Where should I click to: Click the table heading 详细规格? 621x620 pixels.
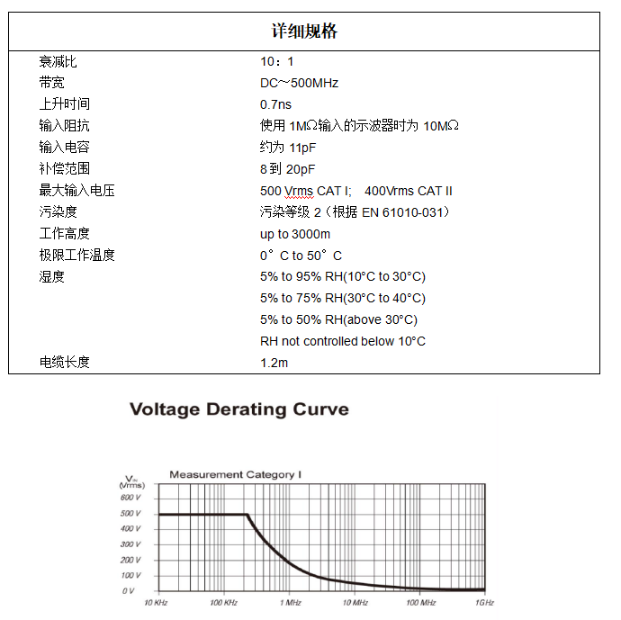(x=304, y=31)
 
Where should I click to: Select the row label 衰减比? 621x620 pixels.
(x=58, y=62)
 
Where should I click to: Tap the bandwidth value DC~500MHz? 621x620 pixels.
(x=299, y=83)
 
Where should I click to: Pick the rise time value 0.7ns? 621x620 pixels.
(x=275, y=104)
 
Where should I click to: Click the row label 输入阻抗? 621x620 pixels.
(x=64, y=126)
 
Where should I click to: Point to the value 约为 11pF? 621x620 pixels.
(x=288, y=148)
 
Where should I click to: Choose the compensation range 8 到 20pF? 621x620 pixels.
(x=288, y=169)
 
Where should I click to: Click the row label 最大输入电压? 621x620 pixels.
(x=76, y=191)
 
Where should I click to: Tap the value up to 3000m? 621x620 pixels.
(x=295, y=234)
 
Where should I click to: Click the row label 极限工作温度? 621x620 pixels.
(x=76, y=256)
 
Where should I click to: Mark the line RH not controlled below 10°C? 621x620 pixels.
(x=343, y=341)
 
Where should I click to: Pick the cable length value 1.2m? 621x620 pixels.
(x=274, y=363)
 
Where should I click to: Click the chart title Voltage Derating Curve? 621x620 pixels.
(x=238, y=409)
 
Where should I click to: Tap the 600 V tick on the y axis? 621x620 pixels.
(x=130, y=498)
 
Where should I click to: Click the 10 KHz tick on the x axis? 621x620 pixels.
(x=157, y=602)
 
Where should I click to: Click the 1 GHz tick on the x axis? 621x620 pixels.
(x=485, y=602)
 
